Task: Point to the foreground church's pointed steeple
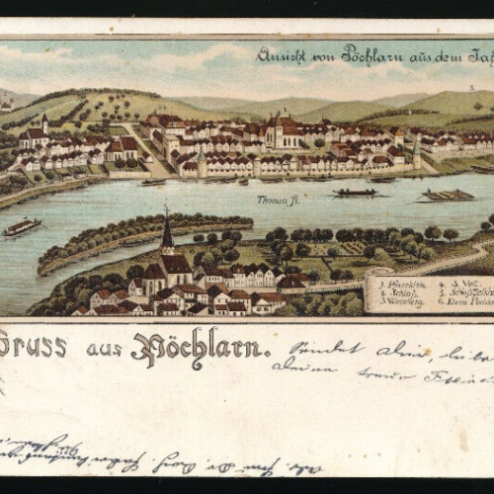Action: click(x=167, y=232)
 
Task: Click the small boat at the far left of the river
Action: click(x=22, y=227)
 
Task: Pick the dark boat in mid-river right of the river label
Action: click(x=355, y=193)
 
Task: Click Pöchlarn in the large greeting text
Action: click(x=201, y=346)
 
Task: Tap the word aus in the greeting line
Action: click(x=104, y=348)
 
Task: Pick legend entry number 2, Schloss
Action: click(x=398, y=293)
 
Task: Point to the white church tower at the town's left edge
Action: click(x=44, y=125)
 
